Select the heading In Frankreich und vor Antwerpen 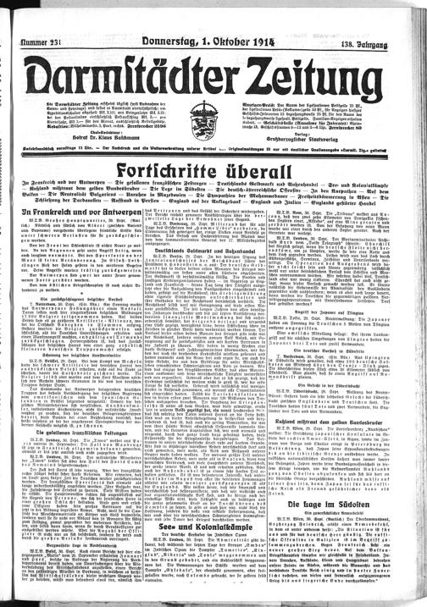point(77,209)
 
